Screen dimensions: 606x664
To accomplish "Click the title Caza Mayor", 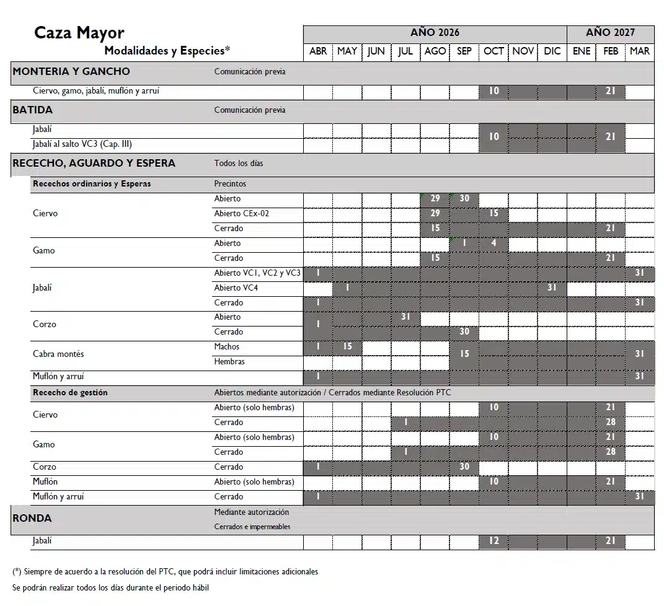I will point(79,33).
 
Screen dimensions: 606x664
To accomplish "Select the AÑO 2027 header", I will point(610,33).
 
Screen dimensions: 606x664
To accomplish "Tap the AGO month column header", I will point(435,51).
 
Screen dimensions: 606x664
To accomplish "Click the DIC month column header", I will point(552,51).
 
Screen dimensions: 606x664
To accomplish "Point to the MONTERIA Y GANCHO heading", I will point(71,71).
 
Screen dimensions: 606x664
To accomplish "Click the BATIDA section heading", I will point(33,110).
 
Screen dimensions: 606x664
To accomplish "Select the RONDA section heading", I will point(32,518).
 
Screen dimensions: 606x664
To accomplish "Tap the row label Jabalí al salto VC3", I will point(82,144).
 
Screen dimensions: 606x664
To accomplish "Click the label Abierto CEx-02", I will point(242,214).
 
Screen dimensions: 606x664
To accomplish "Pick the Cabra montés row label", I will point(58,354).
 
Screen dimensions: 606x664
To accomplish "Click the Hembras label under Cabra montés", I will point(229,361).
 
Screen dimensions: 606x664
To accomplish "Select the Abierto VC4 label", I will point(236,288).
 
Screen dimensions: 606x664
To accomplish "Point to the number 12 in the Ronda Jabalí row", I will point(494,541).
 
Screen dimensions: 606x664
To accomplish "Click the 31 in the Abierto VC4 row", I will point(552,288).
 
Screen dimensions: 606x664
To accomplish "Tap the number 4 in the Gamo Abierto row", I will point(494,244).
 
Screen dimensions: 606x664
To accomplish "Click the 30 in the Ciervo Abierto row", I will point(464,199).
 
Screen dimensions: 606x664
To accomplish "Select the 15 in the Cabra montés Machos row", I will point(347,346).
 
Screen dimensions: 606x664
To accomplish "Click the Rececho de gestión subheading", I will point(70,392).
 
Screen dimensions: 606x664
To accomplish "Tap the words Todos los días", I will point(239,164).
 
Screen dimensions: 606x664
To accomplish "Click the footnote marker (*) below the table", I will point(17,571).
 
